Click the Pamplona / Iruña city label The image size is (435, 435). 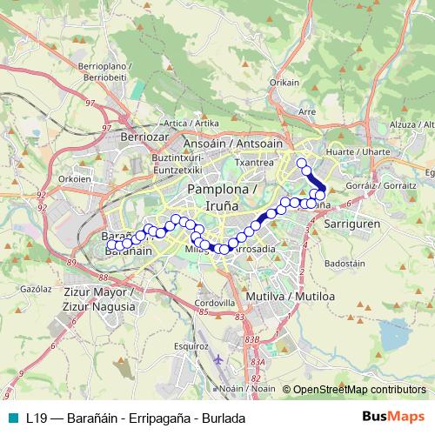point(222,197)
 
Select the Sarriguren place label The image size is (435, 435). point(347,224)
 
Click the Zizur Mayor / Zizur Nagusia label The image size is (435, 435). point(100,299)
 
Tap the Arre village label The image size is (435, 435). point(306,112)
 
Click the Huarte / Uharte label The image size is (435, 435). point(345,151)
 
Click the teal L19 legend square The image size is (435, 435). point(10,418)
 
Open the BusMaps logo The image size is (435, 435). point(392,418)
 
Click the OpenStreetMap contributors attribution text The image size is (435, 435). point(358,391)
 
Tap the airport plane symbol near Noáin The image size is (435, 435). point(217,358)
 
